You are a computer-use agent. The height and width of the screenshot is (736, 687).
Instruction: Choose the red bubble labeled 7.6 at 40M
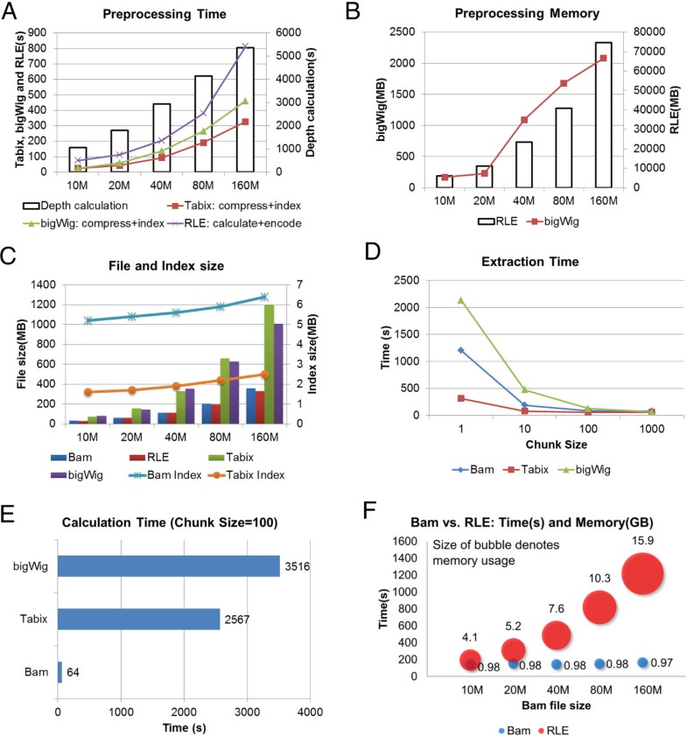(557, 634)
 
